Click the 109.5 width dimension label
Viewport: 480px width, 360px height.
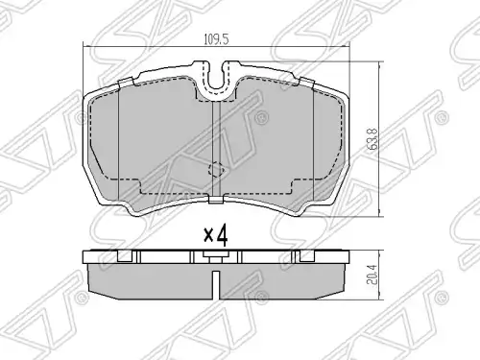(x=216, y=39)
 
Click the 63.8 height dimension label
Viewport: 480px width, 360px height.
(x=372, y=139)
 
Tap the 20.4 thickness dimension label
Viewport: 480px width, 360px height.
(x=372, y=275)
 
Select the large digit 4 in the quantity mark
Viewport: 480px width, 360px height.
(x=222, y=236)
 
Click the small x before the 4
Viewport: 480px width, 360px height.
(x=208, y=236)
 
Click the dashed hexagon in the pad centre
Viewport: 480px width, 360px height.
(x=216, y=169)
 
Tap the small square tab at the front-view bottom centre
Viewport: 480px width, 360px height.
(x=216, y=200)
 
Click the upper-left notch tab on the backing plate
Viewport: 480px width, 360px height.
(x=126, y=82)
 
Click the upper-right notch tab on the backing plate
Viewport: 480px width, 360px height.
(x=306, y=82)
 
